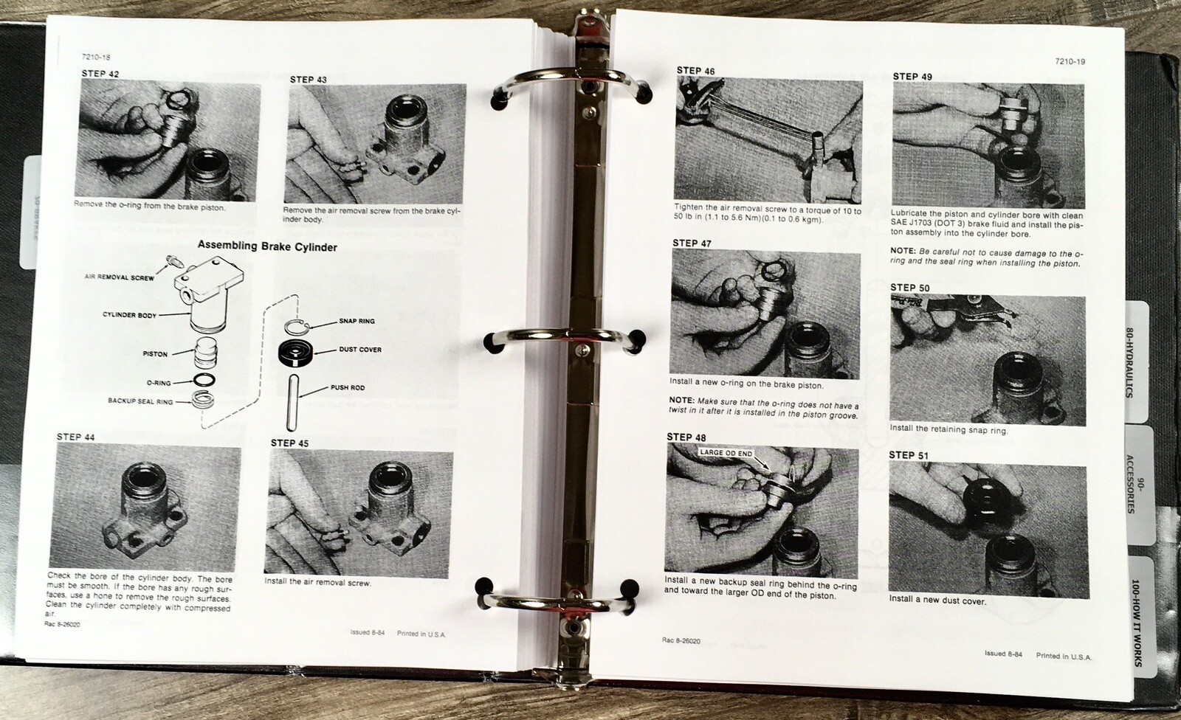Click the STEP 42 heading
tap(100, 74)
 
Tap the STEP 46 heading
tap(695, 71)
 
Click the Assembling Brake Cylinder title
tap(267, 247)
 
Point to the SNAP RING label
tap(357, 321)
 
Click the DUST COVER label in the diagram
tap(360, 350)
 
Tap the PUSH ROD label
tap(348, 387)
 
